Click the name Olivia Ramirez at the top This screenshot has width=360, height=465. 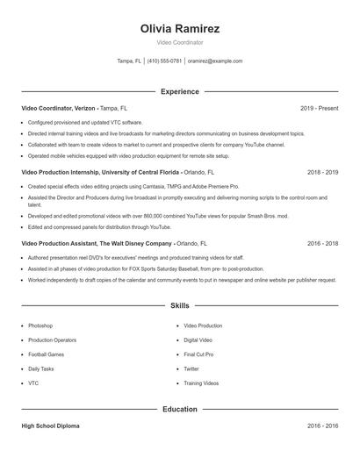tap(179, 28)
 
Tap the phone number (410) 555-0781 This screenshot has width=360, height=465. tap(165, 61)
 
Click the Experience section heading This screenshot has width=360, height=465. tap(179, 91)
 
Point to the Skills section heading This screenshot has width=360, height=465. tap(179, 305)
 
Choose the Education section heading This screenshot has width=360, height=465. tap(179, 409)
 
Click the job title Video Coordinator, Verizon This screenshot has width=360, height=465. tap(59, 108)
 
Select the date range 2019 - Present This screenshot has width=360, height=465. tap(319, 108)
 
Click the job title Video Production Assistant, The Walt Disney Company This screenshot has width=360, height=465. tap(96, 242)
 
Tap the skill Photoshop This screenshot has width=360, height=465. tap(40, 325)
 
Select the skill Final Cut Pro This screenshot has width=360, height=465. tap(198, 354)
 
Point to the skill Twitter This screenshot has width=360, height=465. tap(191, 369)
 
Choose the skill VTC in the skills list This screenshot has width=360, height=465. tap(33, 383)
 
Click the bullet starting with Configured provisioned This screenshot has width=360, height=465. tap(84, 122)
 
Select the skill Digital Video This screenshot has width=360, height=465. tap(198, 340)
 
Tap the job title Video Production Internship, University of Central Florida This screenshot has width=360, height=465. tap(101, 173)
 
